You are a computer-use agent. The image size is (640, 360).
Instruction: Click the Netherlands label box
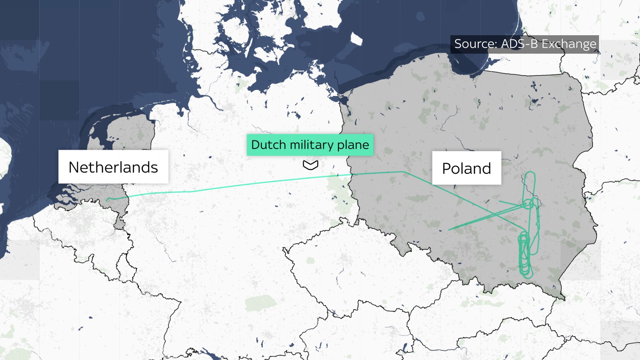point(113,167)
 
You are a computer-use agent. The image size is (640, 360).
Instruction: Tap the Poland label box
point(466,168)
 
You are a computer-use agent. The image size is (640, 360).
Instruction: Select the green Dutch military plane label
point(310,145)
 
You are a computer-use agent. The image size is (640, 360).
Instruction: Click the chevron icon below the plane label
point(310,165)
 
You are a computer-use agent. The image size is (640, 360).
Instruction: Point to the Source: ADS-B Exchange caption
point(525,44)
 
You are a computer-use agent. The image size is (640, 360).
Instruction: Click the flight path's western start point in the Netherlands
point(107,200)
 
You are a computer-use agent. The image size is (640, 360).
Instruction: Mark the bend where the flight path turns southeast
point(403,172)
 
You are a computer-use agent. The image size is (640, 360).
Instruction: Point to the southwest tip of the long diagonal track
point(449,230)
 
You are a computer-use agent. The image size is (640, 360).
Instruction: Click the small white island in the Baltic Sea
point(357,39)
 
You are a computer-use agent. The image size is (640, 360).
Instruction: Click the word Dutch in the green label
point(268,145)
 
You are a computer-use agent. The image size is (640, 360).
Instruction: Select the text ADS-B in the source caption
point(519,44)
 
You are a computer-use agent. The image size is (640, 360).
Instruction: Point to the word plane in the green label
point(353,145)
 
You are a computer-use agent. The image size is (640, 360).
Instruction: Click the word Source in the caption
point(475,44)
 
